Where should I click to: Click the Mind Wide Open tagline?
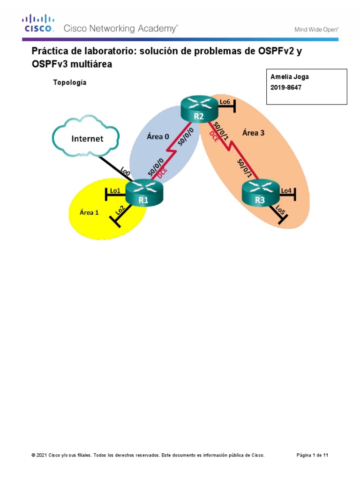(x=316, y=29)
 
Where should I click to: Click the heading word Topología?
(x=69, y=82)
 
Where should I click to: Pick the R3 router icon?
(x=260, y=194)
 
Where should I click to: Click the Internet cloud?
(x=87, y=138)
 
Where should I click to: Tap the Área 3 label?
(x=253, y=133)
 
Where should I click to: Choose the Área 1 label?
(x=89, y=212)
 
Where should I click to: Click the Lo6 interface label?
(x=225, y=102)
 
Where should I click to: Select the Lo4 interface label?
(x=286, y=190)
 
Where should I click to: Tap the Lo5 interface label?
(x=281, y=210)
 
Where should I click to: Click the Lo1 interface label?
(x=115, y=191)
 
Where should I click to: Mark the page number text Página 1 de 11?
(x=316, y=455)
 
